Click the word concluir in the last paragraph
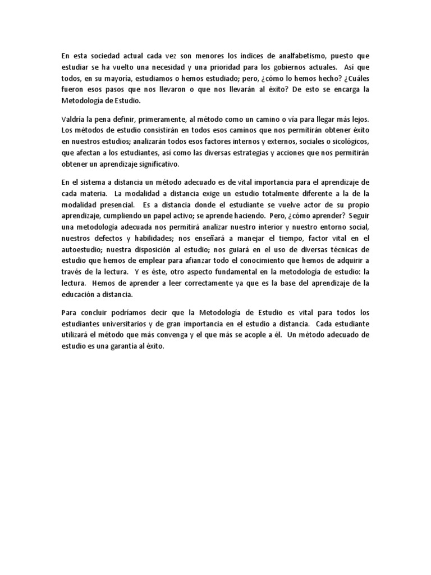tap(89, 312)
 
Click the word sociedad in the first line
tap(104, 56)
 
